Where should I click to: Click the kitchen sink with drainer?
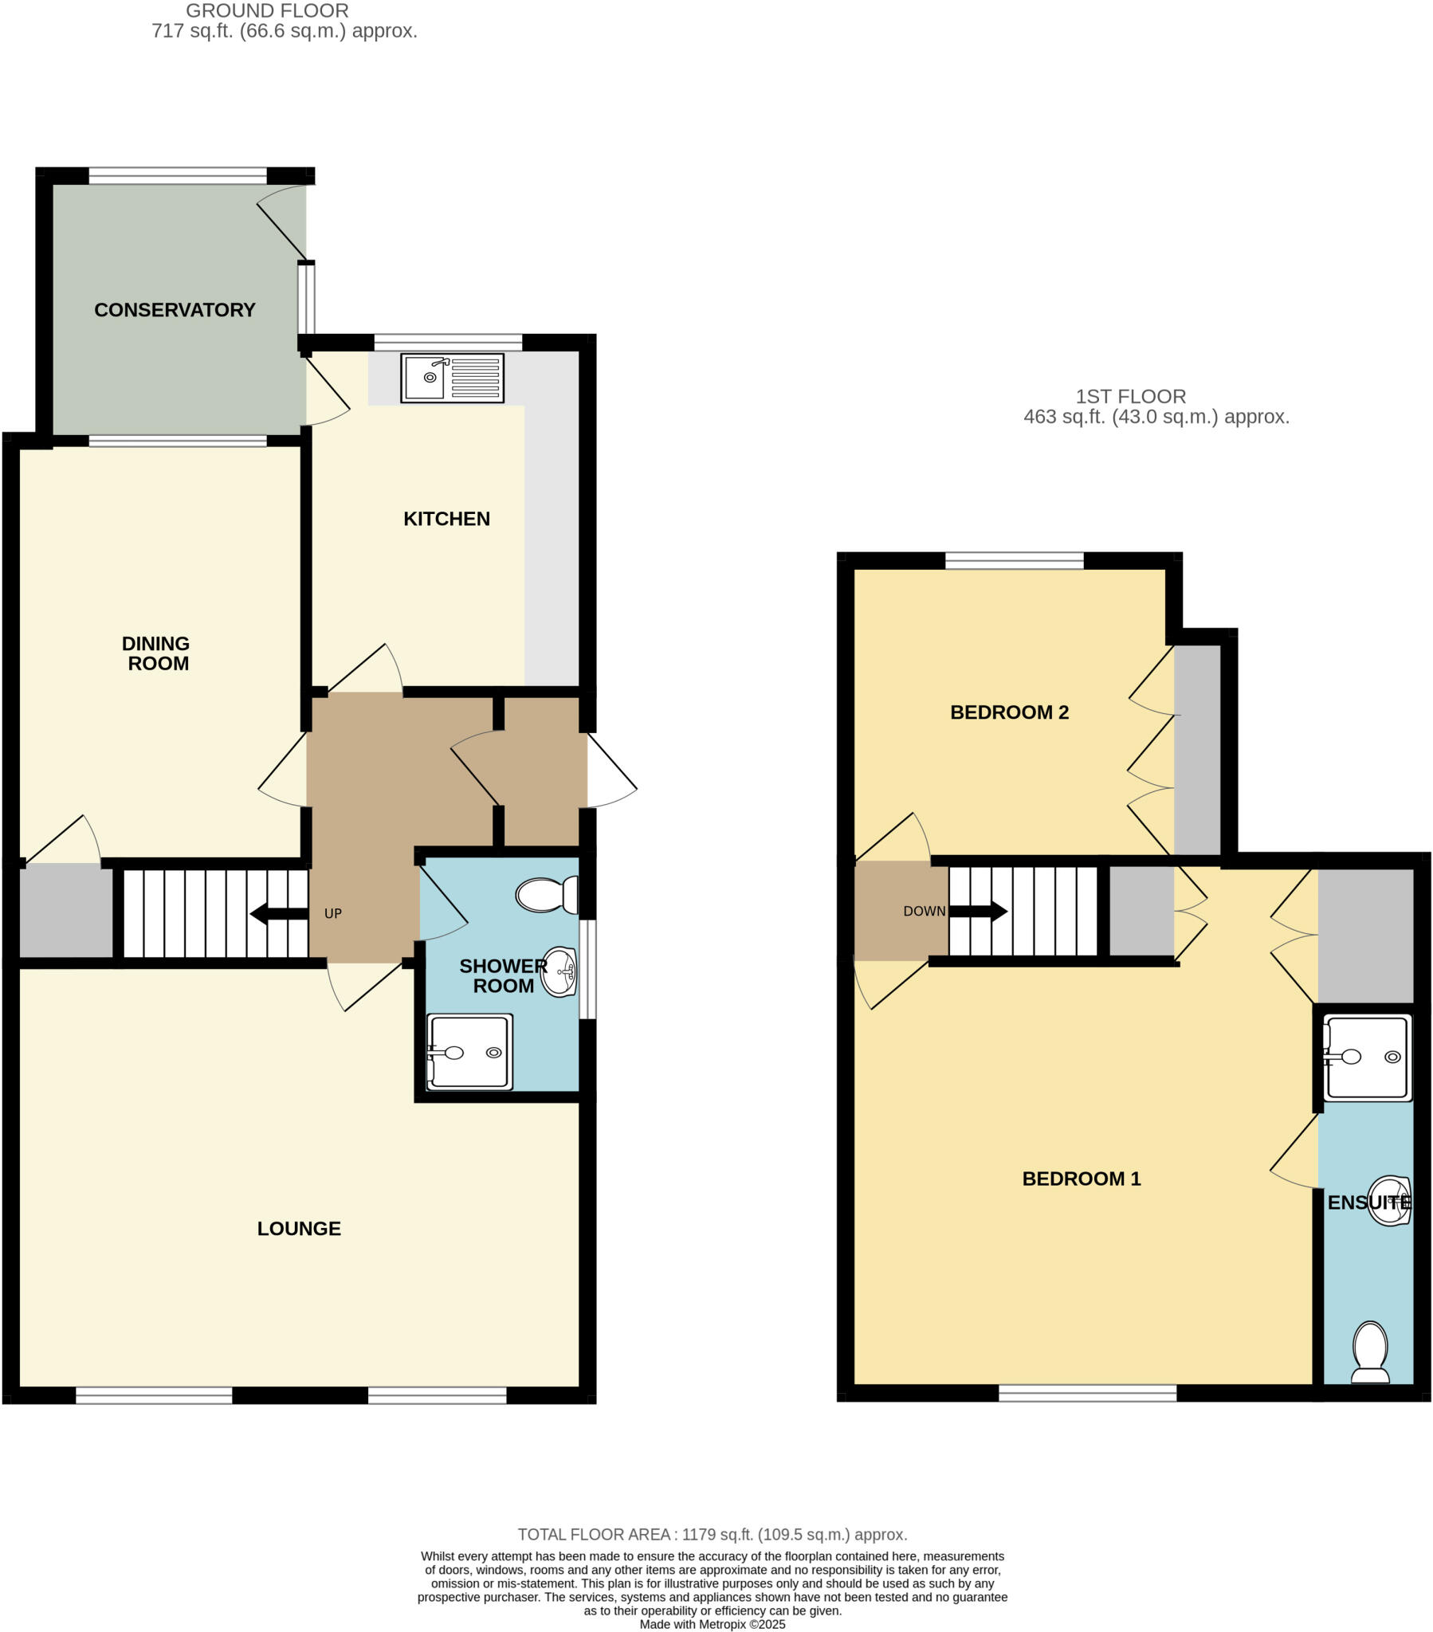[x=452, y=378]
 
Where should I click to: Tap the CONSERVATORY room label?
[x=174, y=310]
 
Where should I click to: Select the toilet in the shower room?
[x=547, y=895]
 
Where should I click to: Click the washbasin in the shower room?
[x=560, y=971]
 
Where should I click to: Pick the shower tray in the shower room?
[x=469, y=1052]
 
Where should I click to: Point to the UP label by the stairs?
[x=333, y=913]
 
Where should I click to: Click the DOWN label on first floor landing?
[x=925, y=911]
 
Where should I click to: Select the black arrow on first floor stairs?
[x=979, y=911]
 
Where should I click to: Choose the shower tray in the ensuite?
[x=1367, y=1057]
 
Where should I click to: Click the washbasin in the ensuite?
[x=1390, y=1201]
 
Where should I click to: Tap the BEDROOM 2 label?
[x=1009, y=712]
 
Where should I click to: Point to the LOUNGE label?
[x=299, y=1229]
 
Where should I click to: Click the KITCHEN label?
[x=446, y=519]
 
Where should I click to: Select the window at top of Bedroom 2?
[x=1014, y=560]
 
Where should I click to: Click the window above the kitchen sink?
[x=447, y=343]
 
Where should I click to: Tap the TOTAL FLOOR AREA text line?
[x=712, y=1535]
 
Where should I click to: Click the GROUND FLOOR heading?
[x=267, y=11]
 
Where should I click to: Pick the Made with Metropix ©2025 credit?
[x=712, y=1624]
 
